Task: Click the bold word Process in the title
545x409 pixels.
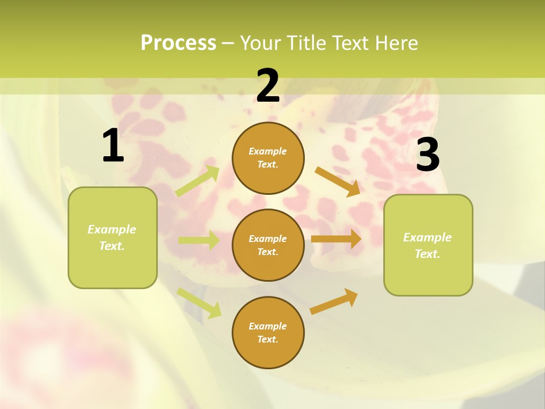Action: click(x=178, y=43)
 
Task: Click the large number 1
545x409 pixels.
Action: click(x=112, y=146)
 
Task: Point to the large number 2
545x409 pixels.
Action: click(x=268, y=86)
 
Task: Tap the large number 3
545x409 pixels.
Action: click(x=427, y=155)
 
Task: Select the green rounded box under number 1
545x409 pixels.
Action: click(x=112, y=237)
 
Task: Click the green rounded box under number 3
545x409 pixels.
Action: click(x=428, y=245)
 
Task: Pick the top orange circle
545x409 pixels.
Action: click(x=268, y=158)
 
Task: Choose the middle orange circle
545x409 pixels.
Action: click(x=268, y=245)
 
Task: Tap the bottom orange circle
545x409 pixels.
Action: click(x=268, y=332)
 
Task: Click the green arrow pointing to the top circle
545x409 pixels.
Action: click(x=198, y=181)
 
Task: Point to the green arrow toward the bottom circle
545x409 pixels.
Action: click(x=199, y=302)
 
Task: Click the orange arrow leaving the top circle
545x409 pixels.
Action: click(x=337, y=181)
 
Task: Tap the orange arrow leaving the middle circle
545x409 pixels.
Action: click(x=336, y=239)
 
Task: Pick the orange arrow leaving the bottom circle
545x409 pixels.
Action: click(x=334, y=301)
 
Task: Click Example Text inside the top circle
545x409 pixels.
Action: click(x=268, y=158)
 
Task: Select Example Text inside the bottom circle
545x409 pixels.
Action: click(x=268, y=332)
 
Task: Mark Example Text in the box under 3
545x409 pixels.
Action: click(x=427, y=245)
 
